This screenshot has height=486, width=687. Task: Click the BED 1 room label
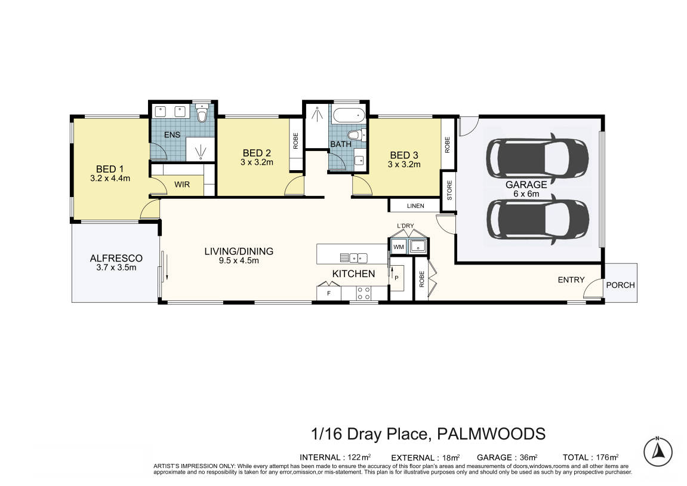click(x=110, y=169)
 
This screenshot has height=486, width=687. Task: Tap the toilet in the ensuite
click(x=202, y=113)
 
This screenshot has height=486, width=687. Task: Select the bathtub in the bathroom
click(x=349, y=115)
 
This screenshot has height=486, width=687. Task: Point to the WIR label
click(x=182, y=184)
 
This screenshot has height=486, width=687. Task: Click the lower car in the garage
click(x=538, y=220)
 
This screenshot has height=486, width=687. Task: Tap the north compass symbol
click(x=658, y=452)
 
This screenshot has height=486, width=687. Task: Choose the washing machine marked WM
click(x=399, y=247)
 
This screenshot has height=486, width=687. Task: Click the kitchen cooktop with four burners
click(x=363, y=293)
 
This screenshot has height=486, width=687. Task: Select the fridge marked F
click(x=329, y=293)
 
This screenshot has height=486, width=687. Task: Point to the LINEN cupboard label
click(x=415, y=205)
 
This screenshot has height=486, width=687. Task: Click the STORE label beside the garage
click(x=449, y=190)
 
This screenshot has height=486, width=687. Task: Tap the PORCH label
click(x=620, y=285)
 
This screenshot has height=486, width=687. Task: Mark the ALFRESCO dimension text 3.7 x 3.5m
click(x=116, y=267)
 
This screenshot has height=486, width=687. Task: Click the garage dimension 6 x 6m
click(x=526, y=193)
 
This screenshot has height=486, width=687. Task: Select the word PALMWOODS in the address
click(x=492, y=434)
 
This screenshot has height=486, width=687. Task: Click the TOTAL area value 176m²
click(x=607, y=457)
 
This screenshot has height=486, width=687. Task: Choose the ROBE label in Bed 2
click(x=295, y=141)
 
